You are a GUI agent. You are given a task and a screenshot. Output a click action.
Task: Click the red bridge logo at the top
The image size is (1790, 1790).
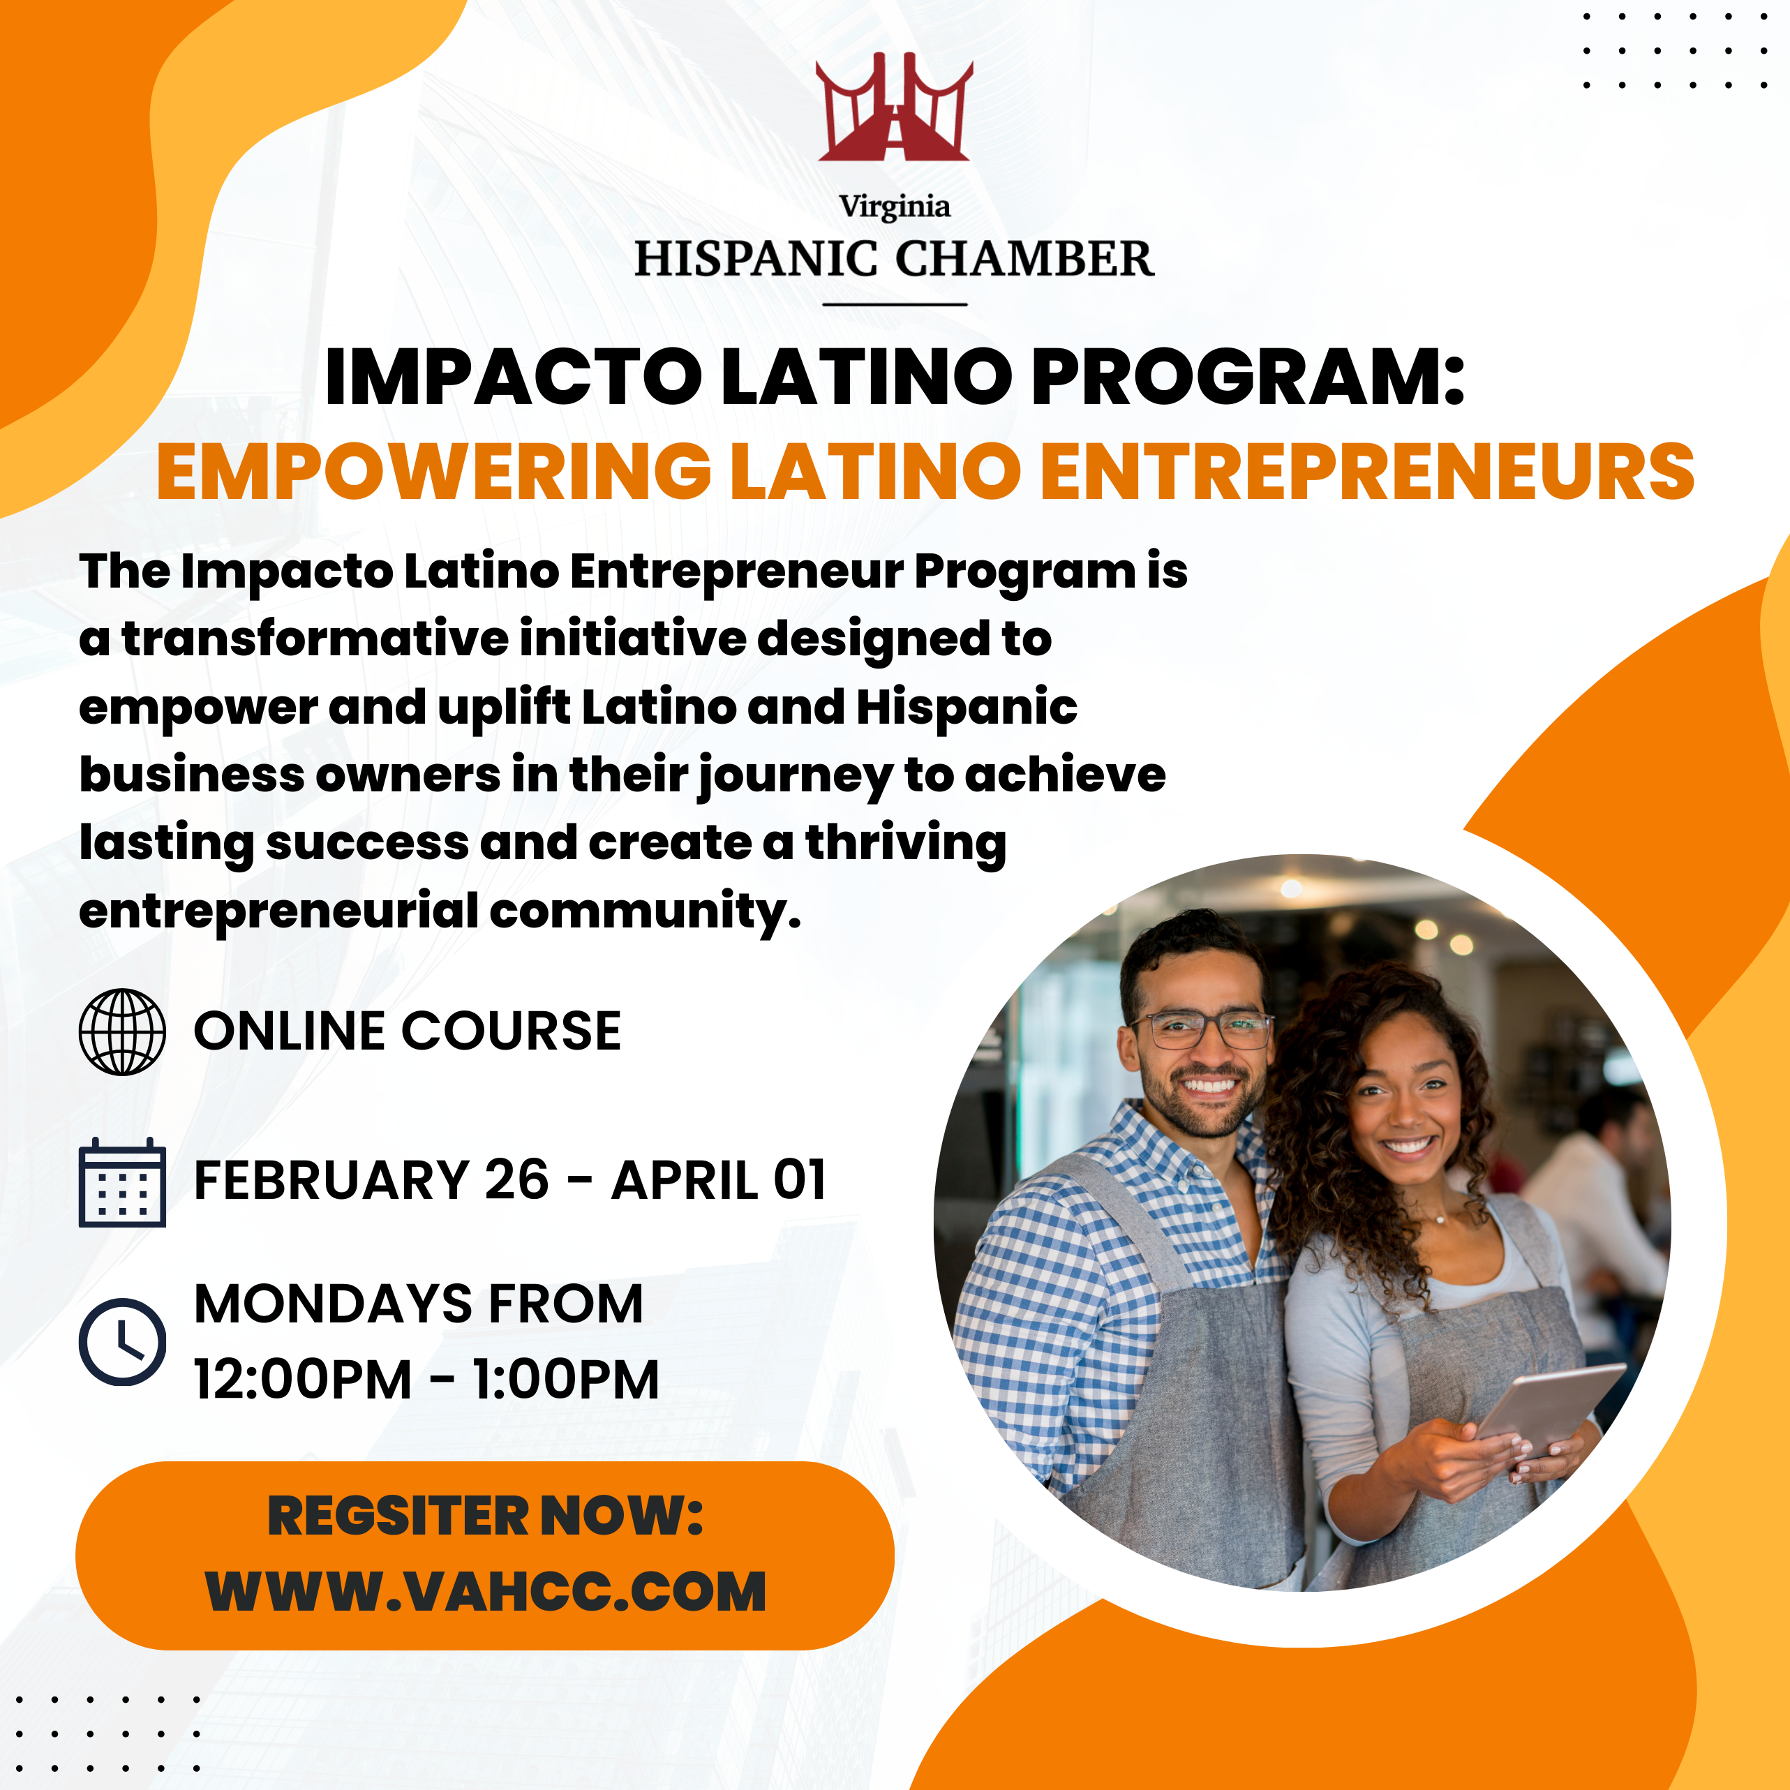pyautogui.click(x=894, y=107)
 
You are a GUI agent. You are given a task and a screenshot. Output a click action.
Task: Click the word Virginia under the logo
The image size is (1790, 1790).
pyautogui.click(x=894, y=207)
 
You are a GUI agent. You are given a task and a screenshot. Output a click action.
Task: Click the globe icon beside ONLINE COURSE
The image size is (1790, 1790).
pyautogui.click(x=122, y=1032)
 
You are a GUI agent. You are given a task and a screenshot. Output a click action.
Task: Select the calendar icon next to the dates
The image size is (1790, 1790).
pyautogui.click(x=122, y=1182)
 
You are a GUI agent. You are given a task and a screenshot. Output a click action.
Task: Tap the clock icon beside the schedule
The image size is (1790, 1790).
pyautogui.click(x=122, y=1341)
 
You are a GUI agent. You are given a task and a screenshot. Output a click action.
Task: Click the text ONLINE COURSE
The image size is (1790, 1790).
pyautogui.click(x=408, y=1031)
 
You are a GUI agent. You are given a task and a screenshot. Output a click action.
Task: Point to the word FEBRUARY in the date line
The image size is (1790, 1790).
pyautogui.click(x=331, y=1180)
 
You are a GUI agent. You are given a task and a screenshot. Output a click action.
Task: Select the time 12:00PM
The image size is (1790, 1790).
pyautogui.click(x=302, y=1380)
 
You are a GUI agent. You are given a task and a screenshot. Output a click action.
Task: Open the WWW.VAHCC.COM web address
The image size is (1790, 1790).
pyautogui.click(x=486, y=1593)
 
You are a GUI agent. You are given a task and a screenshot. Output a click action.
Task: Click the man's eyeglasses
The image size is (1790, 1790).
pyautogui.click(x=1201, y=1029)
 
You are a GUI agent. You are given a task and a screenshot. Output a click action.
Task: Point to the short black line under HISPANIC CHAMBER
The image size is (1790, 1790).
pyautogui.click(x=895, y=303)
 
